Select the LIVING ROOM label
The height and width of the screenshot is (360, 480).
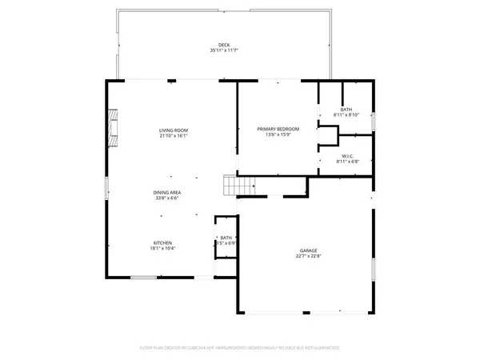click(173, 130)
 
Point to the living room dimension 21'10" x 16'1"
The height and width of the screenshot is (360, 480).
click(173, 136)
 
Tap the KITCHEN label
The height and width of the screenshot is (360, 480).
click(163, 243)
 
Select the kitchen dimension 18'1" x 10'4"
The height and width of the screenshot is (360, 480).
click(163, 250)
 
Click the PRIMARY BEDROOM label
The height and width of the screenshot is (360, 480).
click(278, 129)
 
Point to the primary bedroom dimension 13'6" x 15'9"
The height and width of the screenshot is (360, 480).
click(278, 135)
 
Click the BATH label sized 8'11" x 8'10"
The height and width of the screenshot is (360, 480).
click(346, 110)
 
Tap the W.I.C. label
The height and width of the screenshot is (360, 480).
click(347, 156)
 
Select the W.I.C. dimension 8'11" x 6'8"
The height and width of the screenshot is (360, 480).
click(347, 162)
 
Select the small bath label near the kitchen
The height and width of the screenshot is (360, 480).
click(226, 237)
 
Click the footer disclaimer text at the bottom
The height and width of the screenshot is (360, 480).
click(240, 348)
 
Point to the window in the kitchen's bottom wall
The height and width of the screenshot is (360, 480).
click(144, 277)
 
